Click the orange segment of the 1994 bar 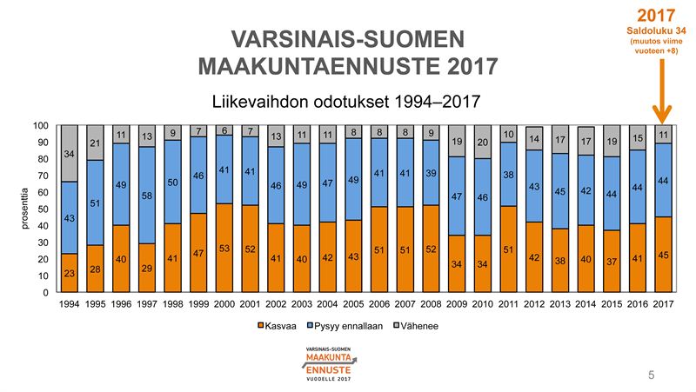tap(69, 273)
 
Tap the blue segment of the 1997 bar tap(147, 196)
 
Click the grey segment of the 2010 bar tap(482, 142)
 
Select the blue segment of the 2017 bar tap(663, 180)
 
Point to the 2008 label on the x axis tap(430, 305)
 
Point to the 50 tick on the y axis tap(43, 209)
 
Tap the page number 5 tap(651, 375)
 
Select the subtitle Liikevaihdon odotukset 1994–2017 tap(340, 101)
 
